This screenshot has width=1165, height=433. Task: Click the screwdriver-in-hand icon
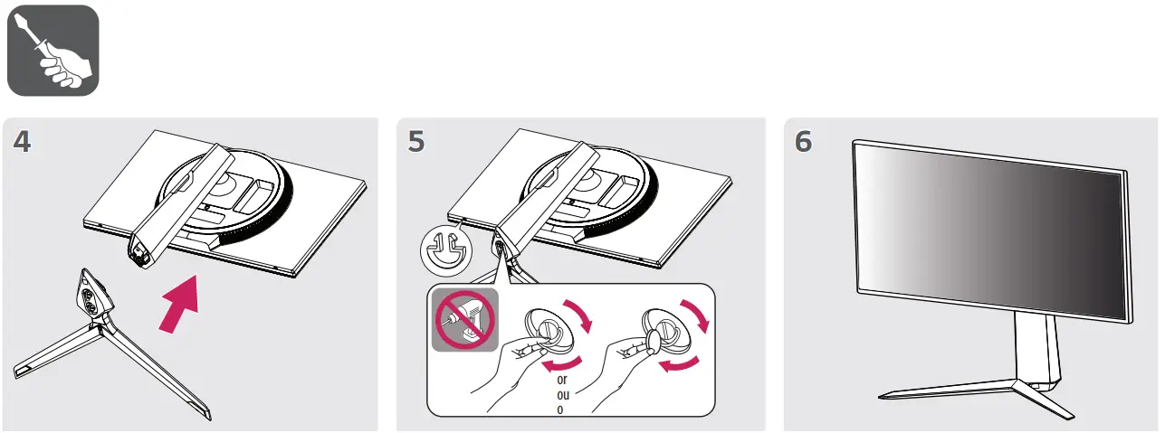click(53, 50)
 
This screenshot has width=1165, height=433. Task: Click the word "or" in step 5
click(562, 379)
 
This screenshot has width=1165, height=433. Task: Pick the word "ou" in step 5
click(562, 394)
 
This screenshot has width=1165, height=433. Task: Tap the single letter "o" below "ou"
click(560, 409)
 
